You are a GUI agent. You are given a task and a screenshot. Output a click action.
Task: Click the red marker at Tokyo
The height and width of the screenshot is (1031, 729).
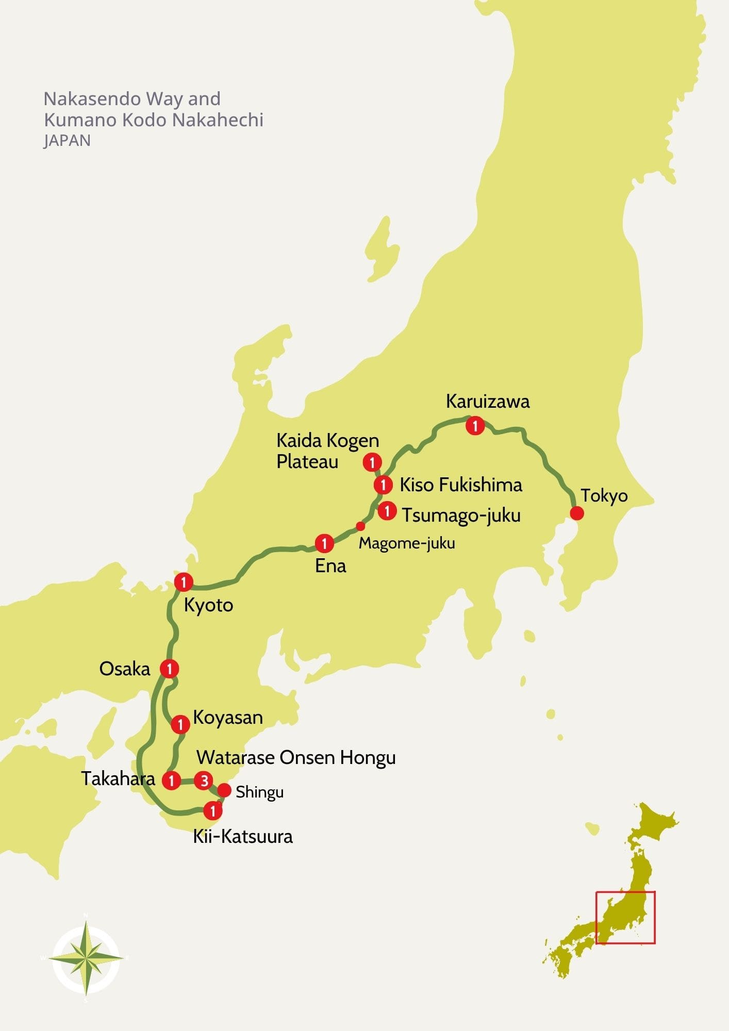pos(576,513)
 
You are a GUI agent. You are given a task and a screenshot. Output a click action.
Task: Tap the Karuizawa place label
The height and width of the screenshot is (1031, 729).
pos(487,402)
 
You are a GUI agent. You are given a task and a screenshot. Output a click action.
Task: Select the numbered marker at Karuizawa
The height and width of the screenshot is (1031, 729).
pos(475,426)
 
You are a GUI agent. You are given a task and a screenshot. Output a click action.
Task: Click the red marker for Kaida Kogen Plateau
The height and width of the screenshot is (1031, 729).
pos(372,462)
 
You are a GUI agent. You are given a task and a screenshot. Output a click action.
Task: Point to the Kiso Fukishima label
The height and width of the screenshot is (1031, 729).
pos(461,485)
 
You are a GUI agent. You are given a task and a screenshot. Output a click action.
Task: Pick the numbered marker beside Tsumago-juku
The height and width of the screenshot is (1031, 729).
pos(387,511)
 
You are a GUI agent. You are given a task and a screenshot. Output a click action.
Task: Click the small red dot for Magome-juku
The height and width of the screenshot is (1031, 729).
pos(361,526)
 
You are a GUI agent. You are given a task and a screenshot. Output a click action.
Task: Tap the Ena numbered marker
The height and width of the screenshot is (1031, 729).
pos(324,543)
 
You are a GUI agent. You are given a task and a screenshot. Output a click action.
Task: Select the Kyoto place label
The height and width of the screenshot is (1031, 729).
pos(208,605)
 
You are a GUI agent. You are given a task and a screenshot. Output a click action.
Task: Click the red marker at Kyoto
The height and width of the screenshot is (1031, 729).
pos(183,582)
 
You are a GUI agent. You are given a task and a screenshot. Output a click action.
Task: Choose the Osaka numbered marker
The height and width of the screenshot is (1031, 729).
pos(169,669)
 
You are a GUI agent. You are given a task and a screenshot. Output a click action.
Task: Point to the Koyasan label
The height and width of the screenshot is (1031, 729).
pos(228,718)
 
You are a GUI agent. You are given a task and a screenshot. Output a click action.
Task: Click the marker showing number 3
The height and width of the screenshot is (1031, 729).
pos(204,780)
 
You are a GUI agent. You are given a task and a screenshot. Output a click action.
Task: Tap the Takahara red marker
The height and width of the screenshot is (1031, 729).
pos(171,780)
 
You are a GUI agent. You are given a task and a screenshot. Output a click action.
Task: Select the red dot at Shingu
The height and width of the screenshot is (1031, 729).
pos(224,790)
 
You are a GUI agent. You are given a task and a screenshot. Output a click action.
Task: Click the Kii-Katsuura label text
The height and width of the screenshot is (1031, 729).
pos(242,836)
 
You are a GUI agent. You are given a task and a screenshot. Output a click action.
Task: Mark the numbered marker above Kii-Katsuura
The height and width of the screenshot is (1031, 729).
pos(212,811)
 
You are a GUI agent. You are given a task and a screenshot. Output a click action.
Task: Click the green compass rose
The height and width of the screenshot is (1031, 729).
pos(86,957)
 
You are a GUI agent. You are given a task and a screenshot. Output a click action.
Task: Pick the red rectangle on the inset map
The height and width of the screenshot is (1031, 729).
pos(625,918)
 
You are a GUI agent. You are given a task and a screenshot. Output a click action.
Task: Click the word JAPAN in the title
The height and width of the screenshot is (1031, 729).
pos(67,141)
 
